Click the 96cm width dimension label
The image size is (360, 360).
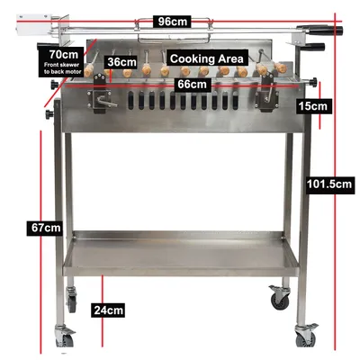[x=173, y=22]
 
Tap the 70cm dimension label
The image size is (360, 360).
[x=64, y=54]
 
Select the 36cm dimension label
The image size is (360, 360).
[x=121, y=62]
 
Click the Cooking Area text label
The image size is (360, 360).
[x=206, y=58]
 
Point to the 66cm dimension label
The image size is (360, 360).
[x=192, y=84]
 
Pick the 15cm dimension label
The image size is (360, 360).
[x=312, y=106]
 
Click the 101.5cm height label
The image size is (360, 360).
[x=329, y=184]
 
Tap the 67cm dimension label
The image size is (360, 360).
[x=46, y=228]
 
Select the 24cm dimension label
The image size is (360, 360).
[x=108, y=310]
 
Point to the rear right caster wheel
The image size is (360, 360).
[x=280, y=297]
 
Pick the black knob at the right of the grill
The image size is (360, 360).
[x=314, y=81]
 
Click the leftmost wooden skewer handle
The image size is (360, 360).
[x=90, y=70]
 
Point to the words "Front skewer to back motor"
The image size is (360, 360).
[x=62, y=68]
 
